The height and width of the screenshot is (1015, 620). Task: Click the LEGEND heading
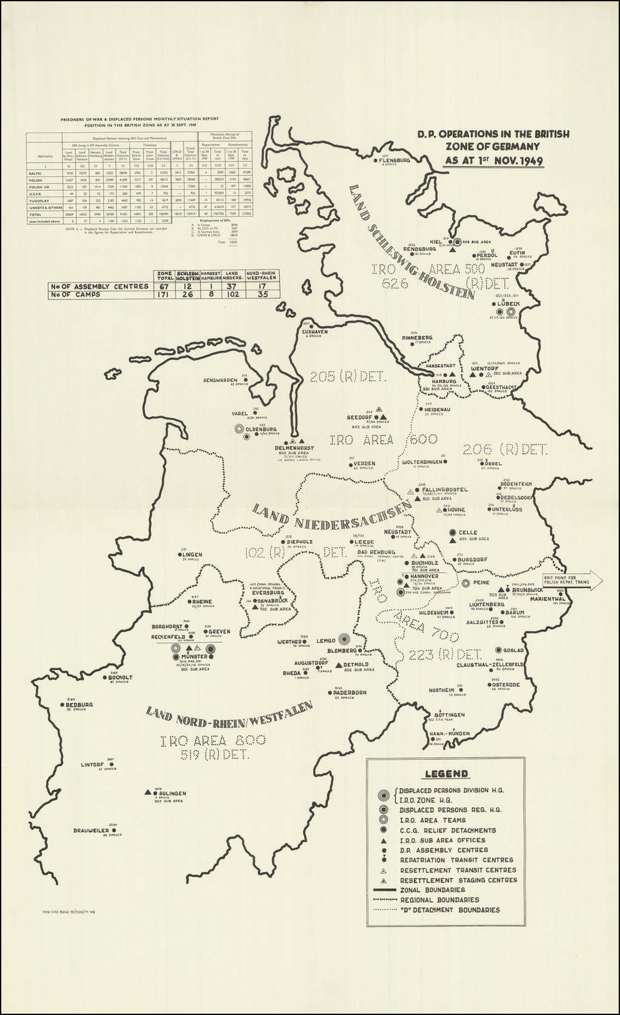point(446,773)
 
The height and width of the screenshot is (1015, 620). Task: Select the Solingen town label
point(172,793)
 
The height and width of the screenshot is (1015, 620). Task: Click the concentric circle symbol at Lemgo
point(343,639)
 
